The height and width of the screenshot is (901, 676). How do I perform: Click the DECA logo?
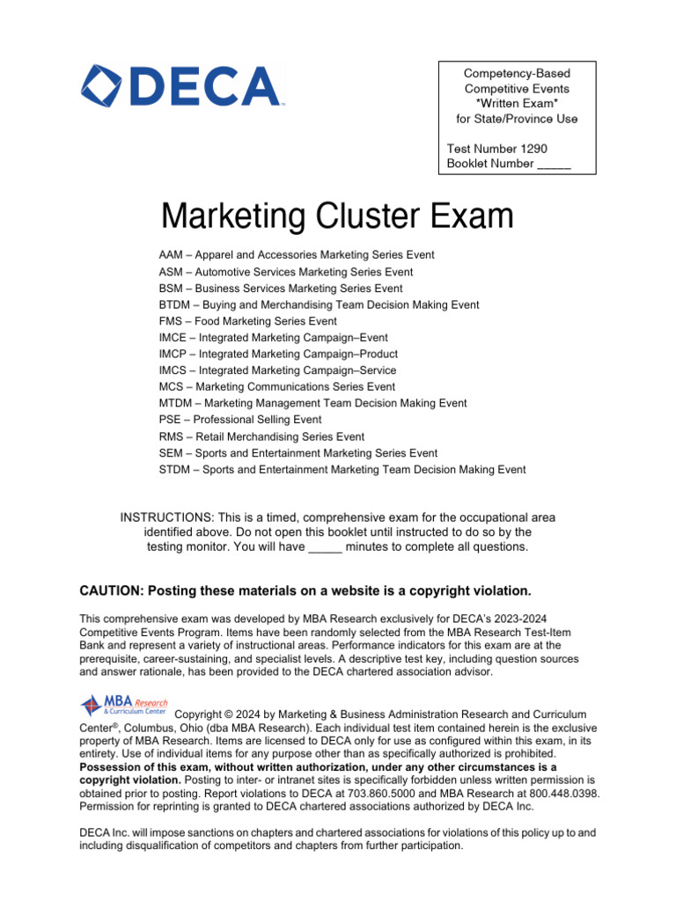click(182, 86)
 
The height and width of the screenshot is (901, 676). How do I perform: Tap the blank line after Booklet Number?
click(554, 165)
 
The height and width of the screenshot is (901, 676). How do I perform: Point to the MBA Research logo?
click(123, 706)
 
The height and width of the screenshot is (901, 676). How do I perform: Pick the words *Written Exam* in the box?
click(517, 104)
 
